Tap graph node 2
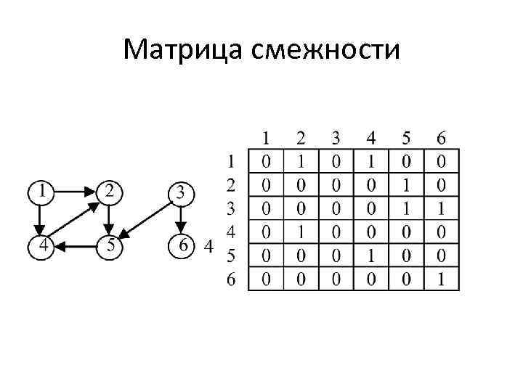(x=109, y=193)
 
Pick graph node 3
(x=182, y=194)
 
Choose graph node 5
(x=109, y=245)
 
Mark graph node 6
(x=182, y=245)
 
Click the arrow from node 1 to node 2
(x=76, y=193)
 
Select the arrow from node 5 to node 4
(x=76, y=246)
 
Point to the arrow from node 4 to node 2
(x=76, y=219)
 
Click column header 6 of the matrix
(x=442, y=137)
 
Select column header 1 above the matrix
(x=267, y=137)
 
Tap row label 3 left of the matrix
(x=231, y=210)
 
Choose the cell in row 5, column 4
(x=371, y=256)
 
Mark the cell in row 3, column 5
(x=407, y=208)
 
